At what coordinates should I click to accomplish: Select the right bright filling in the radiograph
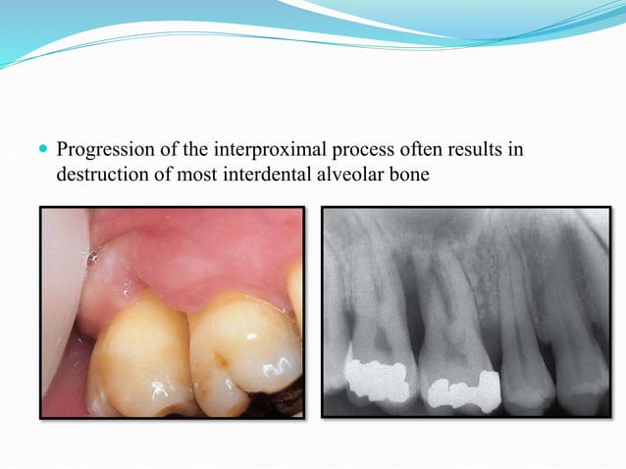coord(462,391)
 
